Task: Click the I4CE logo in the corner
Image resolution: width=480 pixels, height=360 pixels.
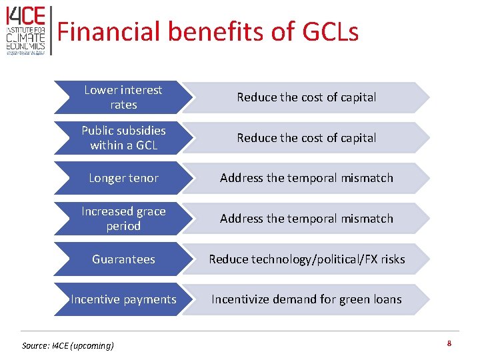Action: click(x=26, y=31)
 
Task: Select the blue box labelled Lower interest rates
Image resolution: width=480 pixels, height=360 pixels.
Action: click(x=123, y=97)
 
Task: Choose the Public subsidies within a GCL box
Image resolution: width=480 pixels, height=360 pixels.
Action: click(x=123, y=137)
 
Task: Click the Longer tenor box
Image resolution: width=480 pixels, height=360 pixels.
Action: click(x=123, y=178)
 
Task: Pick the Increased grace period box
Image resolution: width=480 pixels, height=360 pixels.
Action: click(x=123, y=219)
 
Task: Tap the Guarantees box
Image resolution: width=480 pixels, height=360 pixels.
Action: click(x=123, y=259)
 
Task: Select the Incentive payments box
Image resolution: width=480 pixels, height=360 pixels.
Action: click(x=123, y=299)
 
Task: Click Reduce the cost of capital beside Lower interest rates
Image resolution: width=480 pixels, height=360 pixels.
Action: click(x=307, y=97)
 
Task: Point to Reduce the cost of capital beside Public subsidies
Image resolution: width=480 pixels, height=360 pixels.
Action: click(x=307, y=138)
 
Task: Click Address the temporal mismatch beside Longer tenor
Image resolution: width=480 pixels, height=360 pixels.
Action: click(x=307, y=178)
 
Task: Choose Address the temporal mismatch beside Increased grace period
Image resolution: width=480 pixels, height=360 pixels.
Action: click(x=307, y=219)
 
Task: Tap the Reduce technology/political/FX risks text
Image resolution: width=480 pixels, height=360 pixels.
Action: click(x=307, y=259)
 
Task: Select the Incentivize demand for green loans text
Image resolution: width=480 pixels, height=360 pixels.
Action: click(x=307, y=299)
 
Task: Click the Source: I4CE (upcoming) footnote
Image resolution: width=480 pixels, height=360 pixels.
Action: click(x=68, y=345)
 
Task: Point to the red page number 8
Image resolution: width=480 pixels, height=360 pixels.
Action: click(x=449, y=344)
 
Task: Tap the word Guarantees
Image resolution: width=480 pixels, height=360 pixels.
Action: click(x=123, y=259)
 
